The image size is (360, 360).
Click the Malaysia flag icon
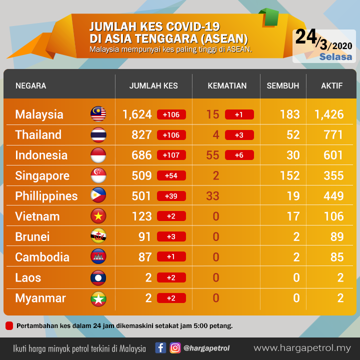coord(98,114)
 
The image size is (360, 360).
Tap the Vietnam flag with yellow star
coord(98,216)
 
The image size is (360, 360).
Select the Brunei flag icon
coord(98,236)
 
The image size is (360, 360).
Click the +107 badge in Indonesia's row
coord(171,155)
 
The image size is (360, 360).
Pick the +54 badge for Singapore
coord(171,175)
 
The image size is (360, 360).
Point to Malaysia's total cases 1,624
coord(137,114)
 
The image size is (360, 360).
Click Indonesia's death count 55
coord(212,155)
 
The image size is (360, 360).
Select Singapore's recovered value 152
coord(290,175)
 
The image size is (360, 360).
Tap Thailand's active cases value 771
coord(333,135)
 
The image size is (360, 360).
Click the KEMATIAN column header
coord(227,86)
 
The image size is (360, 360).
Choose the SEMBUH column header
coord(283,86)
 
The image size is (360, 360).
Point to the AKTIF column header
coord(332,86)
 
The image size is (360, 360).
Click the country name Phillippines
coord(46,196)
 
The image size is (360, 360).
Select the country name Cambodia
coord(42,257)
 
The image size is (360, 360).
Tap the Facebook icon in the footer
coord(160,347)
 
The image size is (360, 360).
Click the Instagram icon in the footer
coord(175,347)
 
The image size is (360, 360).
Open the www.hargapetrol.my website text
coord(302,348)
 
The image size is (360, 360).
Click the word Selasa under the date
coord(335,56)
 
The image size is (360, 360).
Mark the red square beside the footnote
coord(9,326)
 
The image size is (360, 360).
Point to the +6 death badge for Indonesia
coord(239,155)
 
